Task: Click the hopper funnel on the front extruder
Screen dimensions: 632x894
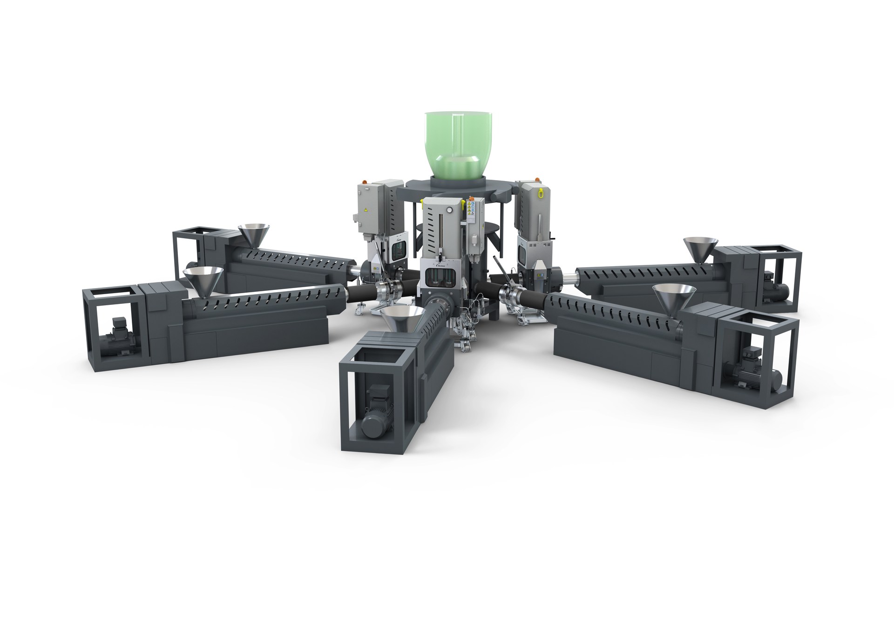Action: click(x=400, y=319)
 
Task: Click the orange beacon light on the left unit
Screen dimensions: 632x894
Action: click(x=366, y=182)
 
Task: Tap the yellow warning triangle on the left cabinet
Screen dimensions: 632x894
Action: click(x=366, y=211)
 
